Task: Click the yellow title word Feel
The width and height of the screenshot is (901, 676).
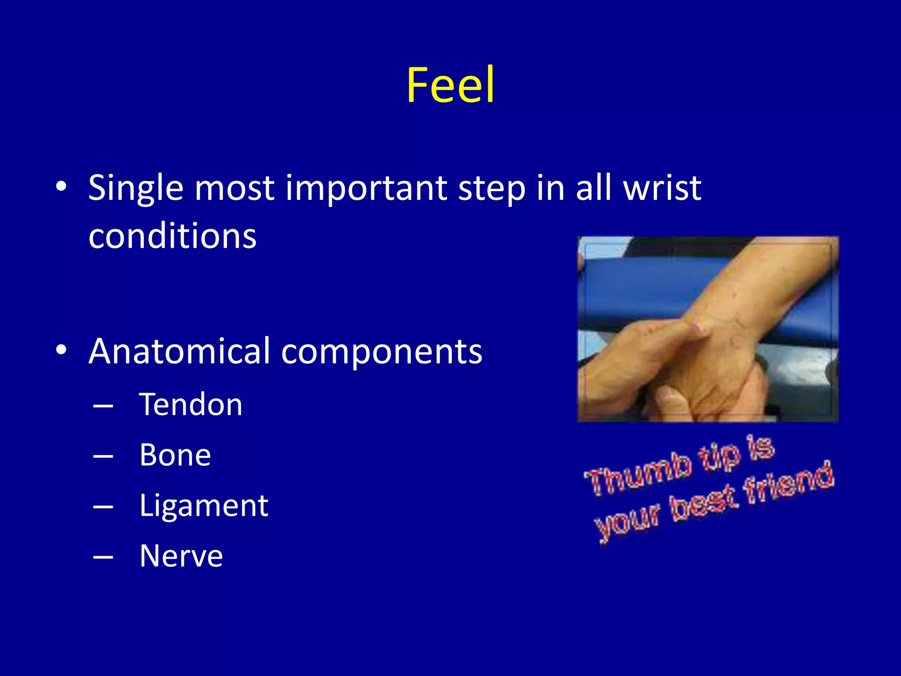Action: (450, 85)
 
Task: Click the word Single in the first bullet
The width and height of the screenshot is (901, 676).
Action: (136, 188)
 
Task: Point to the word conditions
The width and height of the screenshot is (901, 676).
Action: (172, 236)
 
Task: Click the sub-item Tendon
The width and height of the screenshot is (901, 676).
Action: (190, 404)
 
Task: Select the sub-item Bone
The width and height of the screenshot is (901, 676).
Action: (175, 455)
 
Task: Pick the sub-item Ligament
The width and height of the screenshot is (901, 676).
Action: (204, 506)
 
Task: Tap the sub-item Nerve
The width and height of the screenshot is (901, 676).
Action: (181, 556)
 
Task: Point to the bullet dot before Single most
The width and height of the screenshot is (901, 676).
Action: (61, 187)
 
